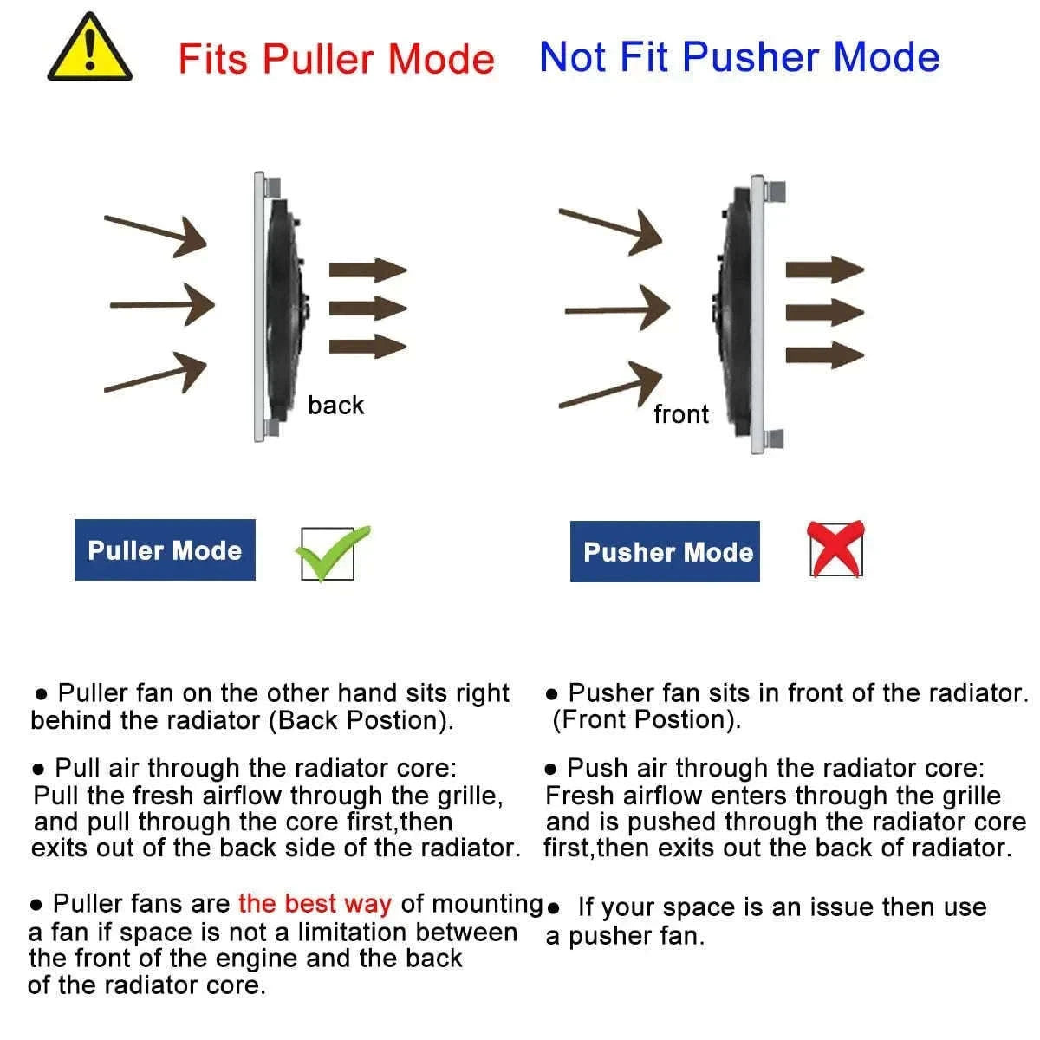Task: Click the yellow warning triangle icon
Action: pyautogui.click(x=89, y=49)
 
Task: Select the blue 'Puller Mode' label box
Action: pyautogui.click(x=165, y=549)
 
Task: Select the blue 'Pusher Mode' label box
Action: pyautogui.click(x=665, y=551)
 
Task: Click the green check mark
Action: pyautogui.click(x=333, y=553)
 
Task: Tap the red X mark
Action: pyautogui.click(x=835, y=549)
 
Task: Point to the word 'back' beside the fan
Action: pyautogui.click(x=335, y=406)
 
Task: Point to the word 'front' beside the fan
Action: pyautogui.click(x=681, y=414)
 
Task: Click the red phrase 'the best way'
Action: pyautogui.click(x=315, y=903)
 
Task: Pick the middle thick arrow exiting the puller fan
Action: pyautogui.click(x=367, y=309)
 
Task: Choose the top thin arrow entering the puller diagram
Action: pyautogui.click(x=155, y=236)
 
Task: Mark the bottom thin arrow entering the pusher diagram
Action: pyautogui.click(x=610, y=385)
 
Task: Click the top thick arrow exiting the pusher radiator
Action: pyautogui.click(x=825, y=270)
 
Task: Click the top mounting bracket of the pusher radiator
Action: pyautogui.click(x=775, y=192)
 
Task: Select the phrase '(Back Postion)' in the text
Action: pyautogui.click(x=361, y=720)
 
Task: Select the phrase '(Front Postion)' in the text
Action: pyautogui.click(x=647, y=719)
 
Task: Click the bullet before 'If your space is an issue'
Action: pyautogui.click(x=552, y=908)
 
